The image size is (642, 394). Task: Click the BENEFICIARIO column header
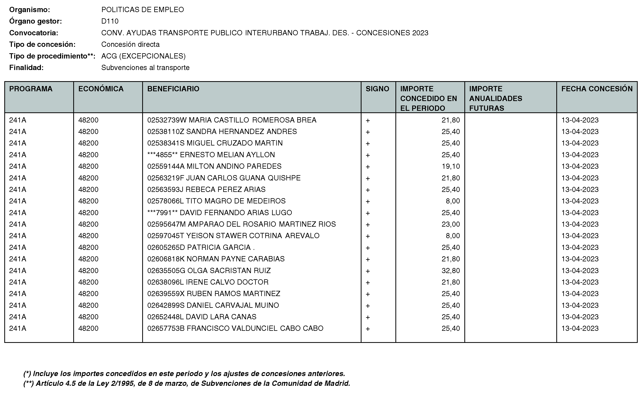click(173, 89)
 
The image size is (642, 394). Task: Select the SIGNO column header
click(377, 89)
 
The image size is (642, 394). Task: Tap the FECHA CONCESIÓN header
click(597, 89)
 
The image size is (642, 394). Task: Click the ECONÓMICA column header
click(101, 89)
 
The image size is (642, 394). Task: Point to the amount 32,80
click(451, 271)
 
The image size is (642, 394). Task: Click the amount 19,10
click(451, 166)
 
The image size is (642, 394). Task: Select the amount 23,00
click(451, 224)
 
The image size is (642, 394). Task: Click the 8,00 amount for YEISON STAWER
click(453, 236)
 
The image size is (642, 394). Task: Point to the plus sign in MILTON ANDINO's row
click(368, 166)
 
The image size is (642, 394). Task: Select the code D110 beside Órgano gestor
click(110, 21)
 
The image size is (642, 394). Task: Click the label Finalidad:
click(26, 67)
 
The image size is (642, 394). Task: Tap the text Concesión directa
click(130, 44)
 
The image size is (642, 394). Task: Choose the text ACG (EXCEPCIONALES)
click(143, 56)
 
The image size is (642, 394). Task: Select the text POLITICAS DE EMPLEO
click(143, 10)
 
